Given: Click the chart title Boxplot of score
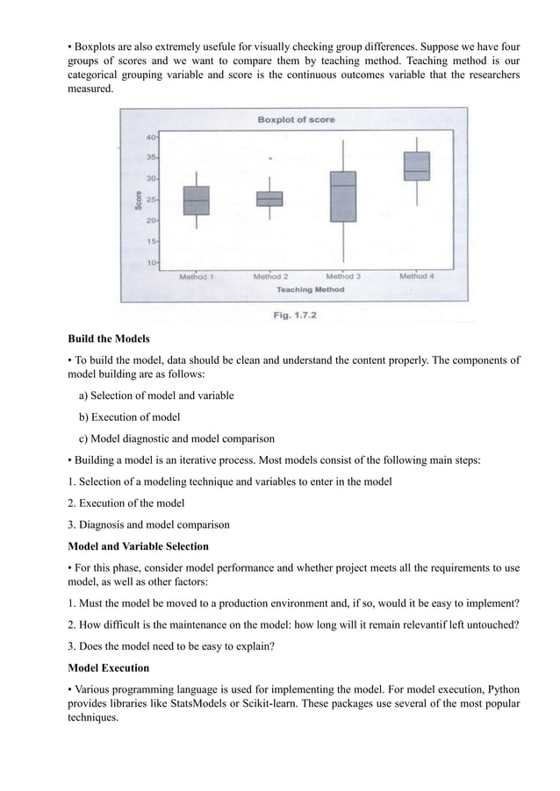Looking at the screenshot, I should (295, 119).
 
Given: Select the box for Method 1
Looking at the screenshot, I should (197, 201).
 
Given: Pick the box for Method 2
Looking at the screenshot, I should (269, 199).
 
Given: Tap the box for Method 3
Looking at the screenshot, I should (342, 196).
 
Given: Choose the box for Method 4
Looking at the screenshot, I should (416, 165).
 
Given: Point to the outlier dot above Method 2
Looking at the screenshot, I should (270, 159).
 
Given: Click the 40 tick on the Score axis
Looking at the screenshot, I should (152, 138).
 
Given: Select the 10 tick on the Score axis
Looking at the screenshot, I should (152, 262).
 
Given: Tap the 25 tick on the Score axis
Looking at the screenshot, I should (152, 200).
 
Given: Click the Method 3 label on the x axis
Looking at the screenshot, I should (343, 276).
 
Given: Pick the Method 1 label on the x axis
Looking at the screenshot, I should (197, 276).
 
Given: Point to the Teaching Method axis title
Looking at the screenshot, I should (310, 289).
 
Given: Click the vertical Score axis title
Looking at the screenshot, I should (139, 200).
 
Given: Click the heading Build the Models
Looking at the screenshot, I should (109, 338).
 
